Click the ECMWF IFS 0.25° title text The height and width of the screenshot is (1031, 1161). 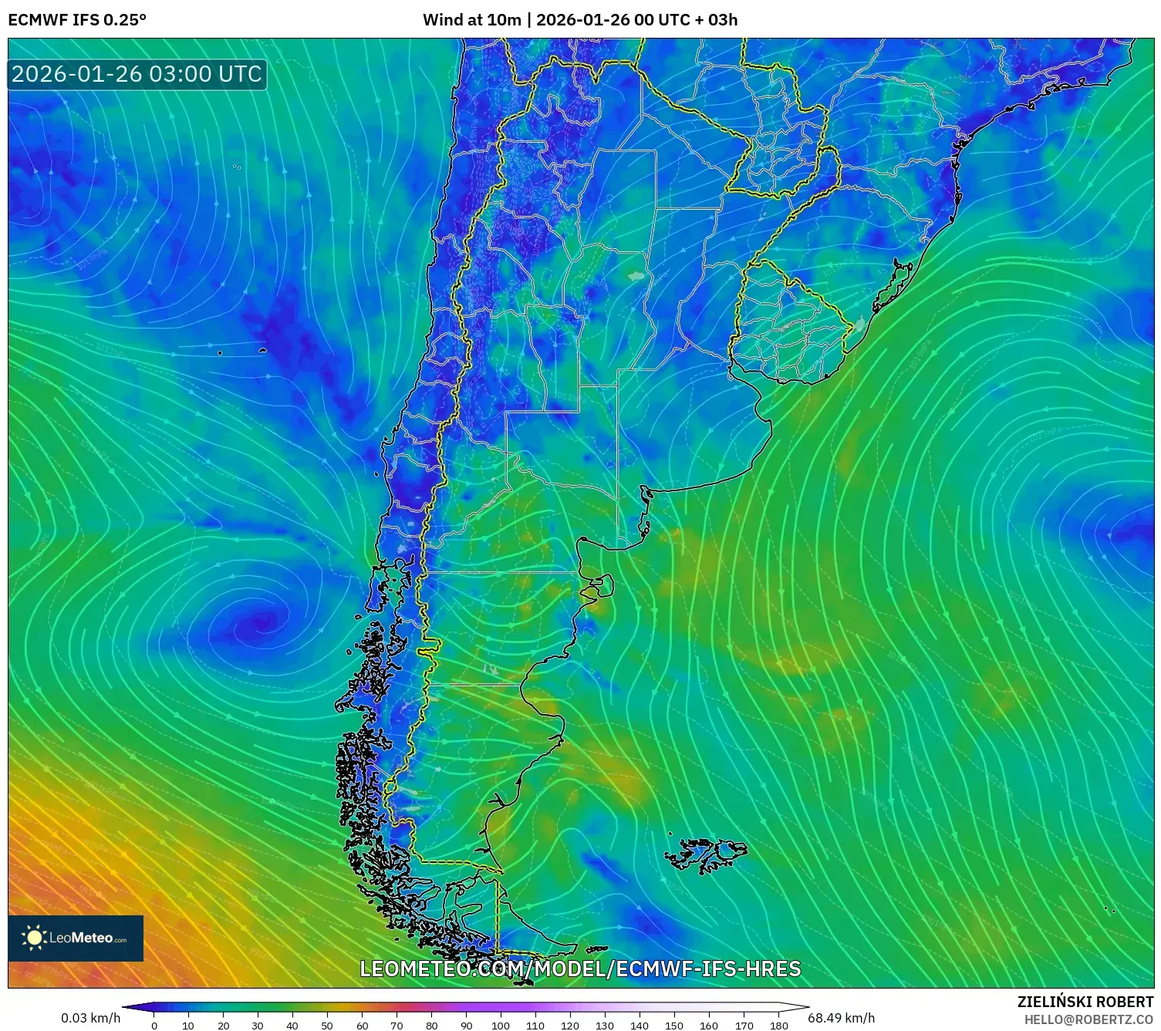click(x=77, y=20)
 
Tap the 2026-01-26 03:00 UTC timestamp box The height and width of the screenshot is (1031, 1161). click(x=137, y=75)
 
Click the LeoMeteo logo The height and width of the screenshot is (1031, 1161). click(x=76, y=938)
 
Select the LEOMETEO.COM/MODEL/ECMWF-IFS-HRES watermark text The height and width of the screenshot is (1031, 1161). click(x=580, y=969)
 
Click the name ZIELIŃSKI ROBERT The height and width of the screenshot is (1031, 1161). click(x=1085, y=1002)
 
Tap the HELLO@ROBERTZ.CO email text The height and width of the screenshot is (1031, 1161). click(x=1088, y=1019)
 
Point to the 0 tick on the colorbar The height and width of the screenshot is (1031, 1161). click(x=154, y=1025)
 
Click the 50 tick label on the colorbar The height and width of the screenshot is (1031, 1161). click(x=327, y=1025)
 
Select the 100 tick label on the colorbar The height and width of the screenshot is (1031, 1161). click(x=500, y=1025)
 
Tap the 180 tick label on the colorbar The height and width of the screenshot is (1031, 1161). click(x=778, y=1025)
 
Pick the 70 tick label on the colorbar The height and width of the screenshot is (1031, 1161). click(x=397, y=1025)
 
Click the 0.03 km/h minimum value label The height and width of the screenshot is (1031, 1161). click(x=91, y=1018)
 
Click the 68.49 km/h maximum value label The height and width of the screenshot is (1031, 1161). click(x=841, y=1018)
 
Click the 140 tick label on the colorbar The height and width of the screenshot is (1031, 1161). click(x=639, y=1025)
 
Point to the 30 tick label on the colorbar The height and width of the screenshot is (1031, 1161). click(x=258, y=1025)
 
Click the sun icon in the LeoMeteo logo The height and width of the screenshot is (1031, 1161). click(x=35, y=938)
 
